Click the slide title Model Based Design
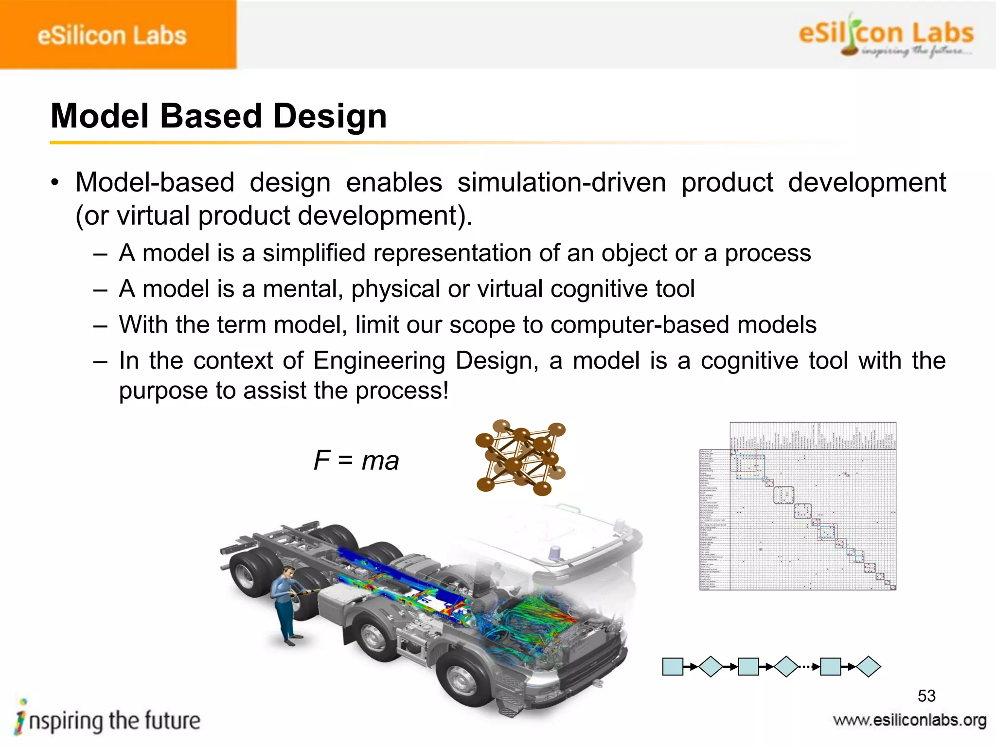point(219,116)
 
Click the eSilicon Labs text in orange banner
point(112,36)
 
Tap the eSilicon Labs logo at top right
point(885,36)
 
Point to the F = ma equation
point(356,460)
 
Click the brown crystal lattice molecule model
point(520,457)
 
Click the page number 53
point(926,696)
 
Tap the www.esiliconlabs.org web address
point(909,720)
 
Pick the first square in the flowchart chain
point(673,667)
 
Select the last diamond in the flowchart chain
point(869,667)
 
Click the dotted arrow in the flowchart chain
point(809,667)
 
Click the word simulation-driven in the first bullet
point(561,182)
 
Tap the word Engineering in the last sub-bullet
point(379,361)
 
